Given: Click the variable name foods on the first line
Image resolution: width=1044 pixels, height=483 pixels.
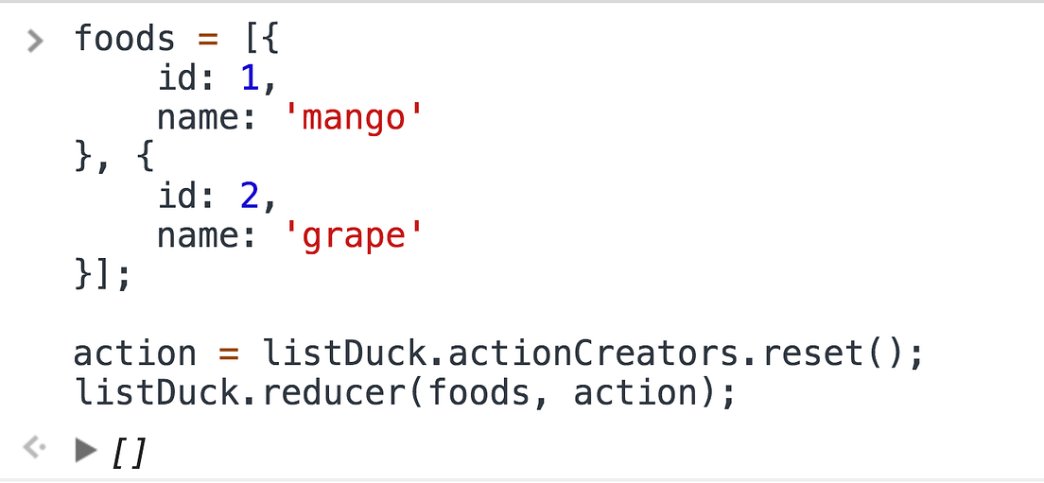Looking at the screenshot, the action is pyautogui.click(x=124, y=40).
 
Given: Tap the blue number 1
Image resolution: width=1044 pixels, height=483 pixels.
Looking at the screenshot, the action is pyautogui.click(x=250, y=79).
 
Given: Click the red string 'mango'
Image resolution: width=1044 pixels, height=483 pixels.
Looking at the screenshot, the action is pyautogui.click(x=351, y=119).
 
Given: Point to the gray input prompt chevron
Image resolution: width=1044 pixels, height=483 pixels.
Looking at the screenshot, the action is pyautogui.click(x=35, y=41).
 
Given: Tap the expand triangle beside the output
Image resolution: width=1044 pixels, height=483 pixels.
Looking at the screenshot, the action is pyautogui.click(x=86, y=451).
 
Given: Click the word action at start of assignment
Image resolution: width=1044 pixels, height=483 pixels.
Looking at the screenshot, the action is pyautogui.click(x=134, y=354).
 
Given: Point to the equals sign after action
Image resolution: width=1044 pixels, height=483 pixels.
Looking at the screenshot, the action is pyautogui.click(x=228, y=354).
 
